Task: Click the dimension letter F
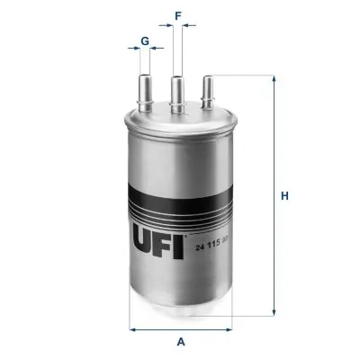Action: (x=178, y=16)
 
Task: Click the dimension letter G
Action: (x=145, y=41)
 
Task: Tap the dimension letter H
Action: (x=284, y=196)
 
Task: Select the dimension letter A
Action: (x=181, y=342)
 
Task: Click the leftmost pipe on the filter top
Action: (x=146, y=93)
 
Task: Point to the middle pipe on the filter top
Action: (x=177, y=94)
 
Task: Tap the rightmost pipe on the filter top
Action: (x=208, y=92)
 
